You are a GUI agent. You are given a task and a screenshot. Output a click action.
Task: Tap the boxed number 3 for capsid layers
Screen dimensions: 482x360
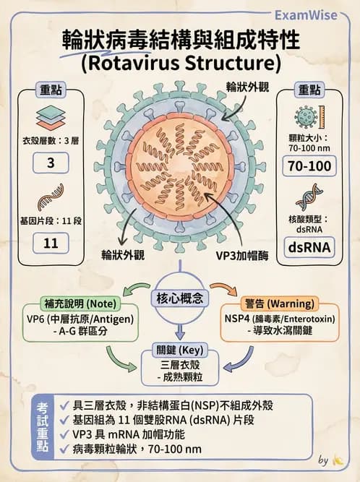point(51,163)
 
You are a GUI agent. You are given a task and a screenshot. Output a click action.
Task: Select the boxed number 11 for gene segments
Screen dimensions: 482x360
point(51,243)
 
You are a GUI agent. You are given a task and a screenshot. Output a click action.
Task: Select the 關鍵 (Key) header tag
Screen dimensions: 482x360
point(180,350)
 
